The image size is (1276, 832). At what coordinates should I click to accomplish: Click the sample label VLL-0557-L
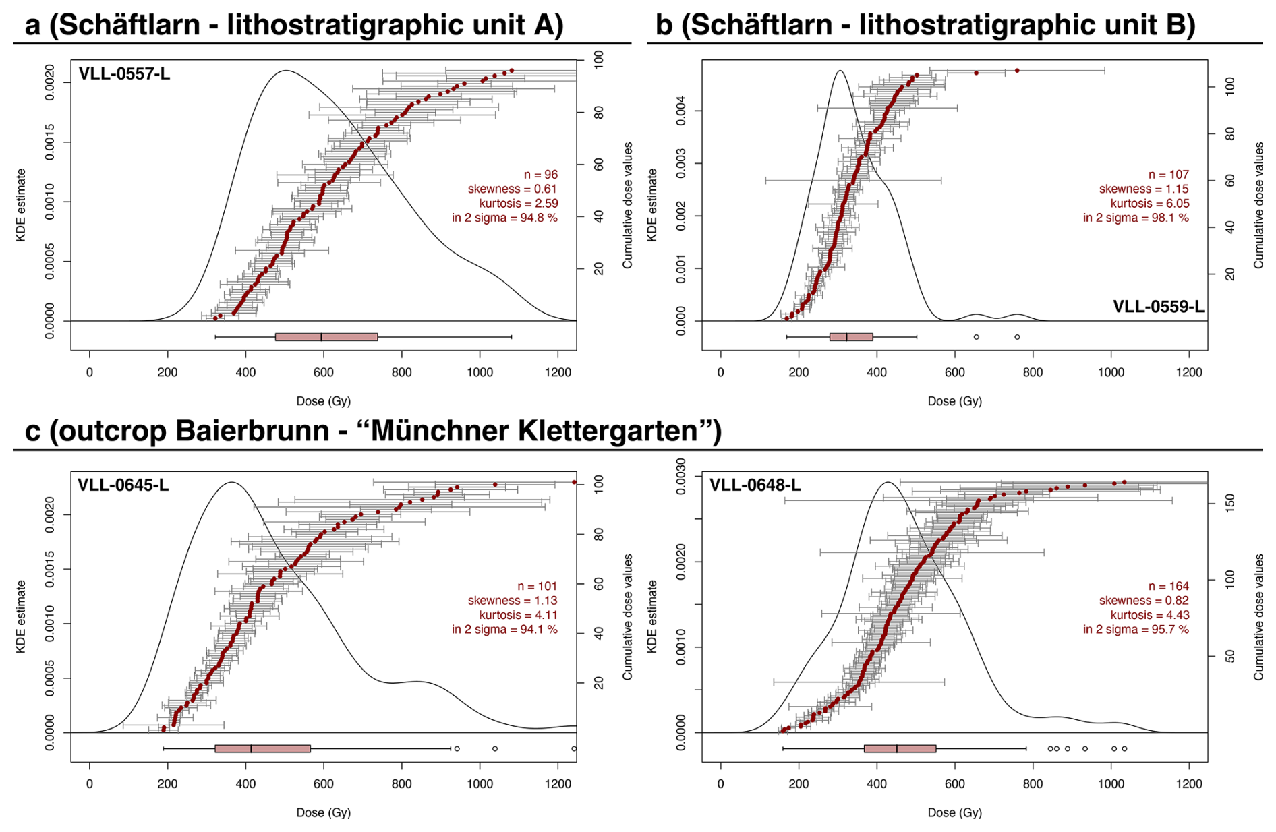pos(124,73)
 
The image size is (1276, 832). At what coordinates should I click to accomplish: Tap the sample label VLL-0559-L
pos(1157,307)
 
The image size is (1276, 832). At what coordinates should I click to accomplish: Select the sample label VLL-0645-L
pos(123,485)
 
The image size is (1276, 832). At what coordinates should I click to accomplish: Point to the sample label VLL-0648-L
pos(755,485)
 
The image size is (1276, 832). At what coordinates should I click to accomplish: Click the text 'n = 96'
pos(541,175)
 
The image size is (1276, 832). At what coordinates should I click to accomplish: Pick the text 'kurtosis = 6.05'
pos(1149,204)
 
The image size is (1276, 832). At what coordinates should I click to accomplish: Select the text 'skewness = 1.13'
pos(513,601)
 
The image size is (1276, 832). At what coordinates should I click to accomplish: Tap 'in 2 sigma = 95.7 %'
pos(1136,630)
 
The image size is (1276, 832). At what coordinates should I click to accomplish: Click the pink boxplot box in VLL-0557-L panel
pos(326,337)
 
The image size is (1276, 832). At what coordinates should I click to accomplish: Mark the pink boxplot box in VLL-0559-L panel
pos(851,337)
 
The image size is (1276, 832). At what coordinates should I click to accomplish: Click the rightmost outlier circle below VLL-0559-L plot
pos(1017,337)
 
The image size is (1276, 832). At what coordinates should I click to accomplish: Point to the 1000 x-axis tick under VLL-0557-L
pos(480,372)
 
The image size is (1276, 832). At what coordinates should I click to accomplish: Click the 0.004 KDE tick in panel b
pos(681,111)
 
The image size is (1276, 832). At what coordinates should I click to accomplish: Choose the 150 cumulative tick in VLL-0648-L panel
pos(1230,503)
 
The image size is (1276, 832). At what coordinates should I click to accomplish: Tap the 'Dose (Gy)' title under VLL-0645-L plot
pos(324,812)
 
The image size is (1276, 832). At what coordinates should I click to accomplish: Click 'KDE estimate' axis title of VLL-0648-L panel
pos(652,616)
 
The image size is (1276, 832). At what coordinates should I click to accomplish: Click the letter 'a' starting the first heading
pos(32,26)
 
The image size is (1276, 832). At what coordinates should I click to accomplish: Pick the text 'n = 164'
pos(1168,587)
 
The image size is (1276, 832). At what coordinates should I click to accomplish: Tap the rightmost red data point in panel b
pos(1017,71)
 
